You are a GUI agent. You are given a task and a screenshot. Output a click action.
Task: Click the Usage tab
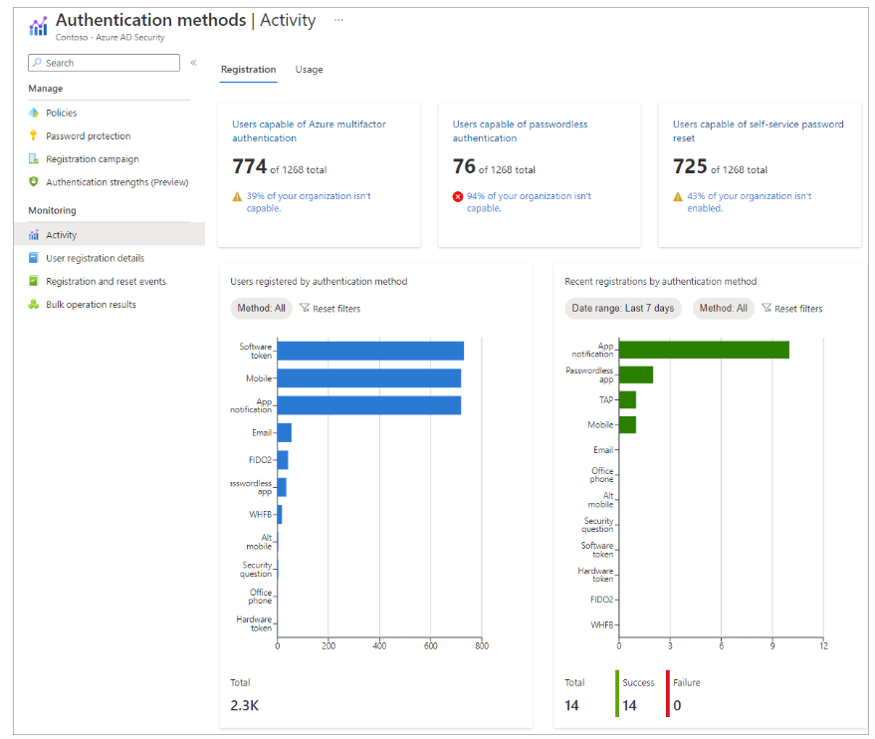click(309, 69)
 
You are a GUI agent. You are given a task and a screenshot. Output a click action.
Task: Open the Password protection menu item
click(89, 135)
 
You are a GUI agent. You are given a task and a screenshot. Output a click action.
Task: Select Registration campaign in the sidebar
click(92, 159)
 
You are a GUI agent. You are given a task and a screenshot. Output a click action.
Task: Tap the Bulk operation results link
click(91, 304)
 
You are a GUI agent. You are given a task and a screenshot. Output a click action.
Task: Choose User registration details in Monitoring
click(95, 258)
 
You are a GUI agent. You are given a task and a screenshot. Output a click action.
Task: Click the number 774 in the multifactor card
click(250, 166)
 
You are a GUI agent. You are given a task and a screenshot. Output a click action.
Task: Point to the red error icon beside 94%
click(458, 196)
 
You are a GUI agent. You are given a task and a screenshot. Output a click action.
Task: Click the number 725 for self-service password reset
click(690, 166)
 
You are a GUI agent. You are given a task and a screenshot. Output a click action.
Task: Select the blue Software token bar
click(370, 352)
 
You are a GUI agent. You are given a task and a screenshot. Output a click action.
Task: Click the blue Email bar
click(285, 432)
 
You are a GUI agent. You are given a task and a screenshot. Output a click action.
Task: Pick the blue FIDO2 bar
click(283, 460)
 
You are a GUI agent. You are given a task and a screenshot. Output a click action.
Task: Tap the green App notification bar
click(704, 350)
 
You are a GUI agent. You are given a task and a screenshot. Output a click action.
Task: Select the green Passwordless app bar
click(636, 374)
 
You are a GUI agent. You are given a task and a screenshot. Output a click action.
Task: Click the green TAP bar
click(628, 399)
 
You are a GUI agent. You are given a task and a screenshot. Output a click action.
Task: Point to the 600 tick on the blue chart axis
click(431, 645)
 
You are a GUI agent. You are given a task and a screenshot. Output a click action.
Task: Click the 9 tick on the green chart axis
click(772, 645)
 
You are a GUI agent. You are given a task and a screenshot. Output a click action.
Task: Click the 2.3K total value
click(245, 705)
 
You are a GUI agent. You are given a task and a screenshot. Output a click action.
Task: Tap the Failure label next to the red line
click(687, 682)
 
